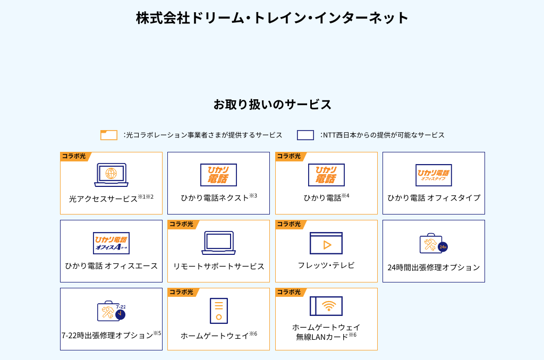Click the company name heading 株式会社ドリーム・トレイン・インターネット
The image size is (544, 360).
(272, 18)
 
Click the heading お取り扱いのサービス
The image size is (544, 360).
(273, 105)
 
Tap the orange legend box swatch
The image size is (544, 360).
(108, 135)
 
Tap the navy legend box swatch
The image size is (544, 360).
(305, 135)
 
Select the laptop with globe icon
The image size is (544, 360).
(111, 175)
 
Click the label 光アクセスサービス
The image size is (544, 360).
(104, 199)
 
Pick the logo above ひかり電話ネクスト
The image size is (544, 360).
(218, 175)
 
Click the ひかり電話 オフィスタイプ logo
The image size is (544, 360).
(433, 175)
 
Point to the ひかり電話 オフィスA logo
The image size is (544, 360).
(111, 243)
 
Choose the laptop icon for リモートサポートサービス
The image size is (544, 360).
(218, 243)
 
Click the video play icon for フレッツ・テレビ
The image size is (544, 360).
(326, 243)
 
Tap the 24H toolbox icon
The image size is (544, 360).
(433, 244)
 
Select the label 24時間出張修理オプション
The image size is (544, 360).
(433, 268)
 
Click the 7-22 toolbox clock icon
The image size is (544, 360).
(112, 311)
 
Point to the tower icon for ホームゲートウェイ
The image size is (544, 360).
(219, 311)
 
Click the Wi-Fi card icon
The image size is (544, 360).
(326, 306)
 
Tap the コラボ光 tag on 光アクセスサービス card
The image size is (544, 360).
(74, 156)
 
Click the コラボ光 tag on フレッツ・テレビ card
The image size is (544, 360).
(289, 224)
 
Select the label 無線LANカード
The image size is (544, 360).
(322, 337)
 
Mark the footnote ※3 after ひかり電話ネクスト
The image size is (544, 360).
(253, 195)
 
